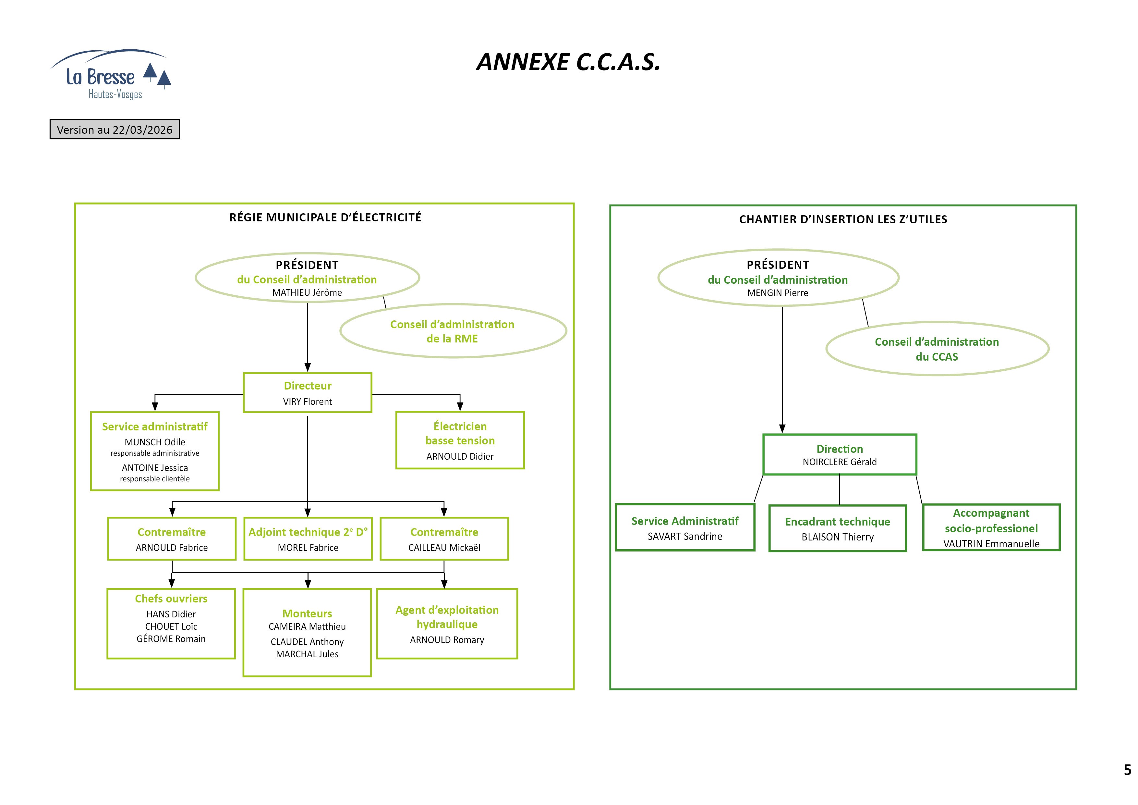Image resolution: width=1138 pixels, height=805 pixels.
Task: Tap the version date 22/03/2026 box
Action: [115, 130]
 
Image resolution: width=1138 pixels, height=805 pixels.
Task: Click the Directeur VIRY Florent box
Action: [307, 393]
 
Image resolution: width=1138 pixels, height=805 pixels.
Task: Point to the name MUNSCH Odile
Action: [155, 442]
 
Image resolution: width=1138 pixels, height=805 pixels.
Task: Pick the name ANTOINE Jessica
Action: [155, 468]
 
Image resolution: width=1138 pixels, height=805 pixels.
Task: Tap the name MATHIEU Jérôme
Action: [307, 293]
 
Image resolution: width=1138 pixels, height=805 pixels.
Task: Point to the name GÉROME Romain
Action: [171, 639]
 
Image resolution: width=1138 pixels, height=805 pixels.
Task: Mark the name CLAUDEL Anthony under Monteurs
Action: [307, 642]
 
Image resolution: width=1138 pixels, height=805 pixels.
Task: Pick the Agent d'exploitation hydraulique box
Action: [447, 624]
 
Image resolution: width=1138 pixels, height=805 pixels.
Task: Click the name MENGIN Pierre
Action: [777, 293]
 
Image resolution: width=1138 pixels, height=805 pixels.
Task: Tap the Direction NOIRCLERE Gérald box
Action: [839, 455]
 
